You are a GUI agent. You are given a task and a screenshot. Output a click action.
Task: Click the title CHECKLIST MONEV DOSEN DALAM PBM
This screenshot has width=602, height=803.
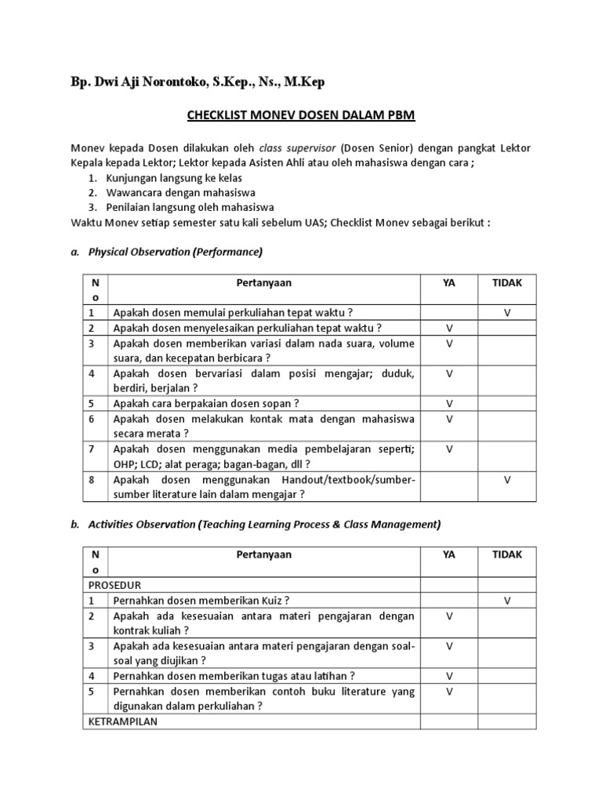point(300,116)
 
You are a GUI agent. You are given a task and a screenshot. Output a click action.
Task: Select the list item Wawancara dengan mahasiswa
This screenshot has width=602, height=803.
point(183,192)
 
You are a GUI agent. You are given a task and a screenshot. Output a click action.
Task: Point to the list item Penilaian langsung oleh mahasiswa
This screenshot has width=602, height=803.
point(192,207)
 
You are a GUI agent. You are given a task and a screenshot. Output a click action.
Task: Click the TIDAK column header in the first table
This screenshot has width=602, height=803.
point(507,282)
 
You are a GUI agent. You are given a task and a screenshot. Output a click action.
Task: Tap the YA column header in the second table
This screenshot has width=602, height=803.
point(449,554)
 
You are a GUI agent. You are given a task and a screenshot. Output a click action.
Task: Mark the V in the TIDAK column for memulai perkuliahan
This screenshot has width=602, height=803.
point(507,312)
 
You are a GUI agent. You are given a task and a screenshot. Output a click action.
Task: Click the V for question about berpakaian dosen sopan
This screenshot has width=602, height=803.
point(449,404)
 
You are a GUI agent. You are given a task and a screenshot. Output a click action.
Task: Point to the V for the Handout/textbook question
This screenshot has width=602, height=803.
point(507,480)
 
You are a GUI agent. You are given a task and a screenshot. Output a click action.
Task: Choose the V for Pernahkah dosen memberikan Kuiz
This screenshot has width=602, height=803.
point(507,601)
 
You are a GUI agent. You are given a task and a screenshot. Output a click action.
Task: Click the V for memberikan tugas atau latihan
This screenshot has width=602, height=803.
point(449,676)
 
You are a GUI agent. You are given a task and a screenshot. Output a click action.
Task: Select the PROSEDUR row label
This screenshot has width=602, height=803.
point(114,585)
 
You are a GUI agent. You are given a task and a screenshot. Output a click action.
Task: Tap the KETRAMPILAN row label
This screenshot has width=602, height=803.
point(123,721)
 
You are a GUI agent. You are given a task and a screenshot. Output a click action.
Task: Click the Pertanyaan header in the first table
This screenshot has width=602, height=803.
point(263,282)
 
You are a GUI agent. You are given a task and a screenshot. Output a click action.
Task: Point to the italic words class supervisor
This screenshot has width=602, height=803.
point(297,147)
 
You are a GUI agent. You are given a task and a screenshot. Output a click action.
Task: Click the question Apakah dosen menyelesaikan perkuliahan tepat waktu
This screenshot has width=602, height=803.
point(247,328)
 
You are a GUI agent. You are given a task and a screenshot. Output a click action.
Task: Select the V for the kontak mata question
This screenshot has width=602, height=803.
point(449,420)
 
